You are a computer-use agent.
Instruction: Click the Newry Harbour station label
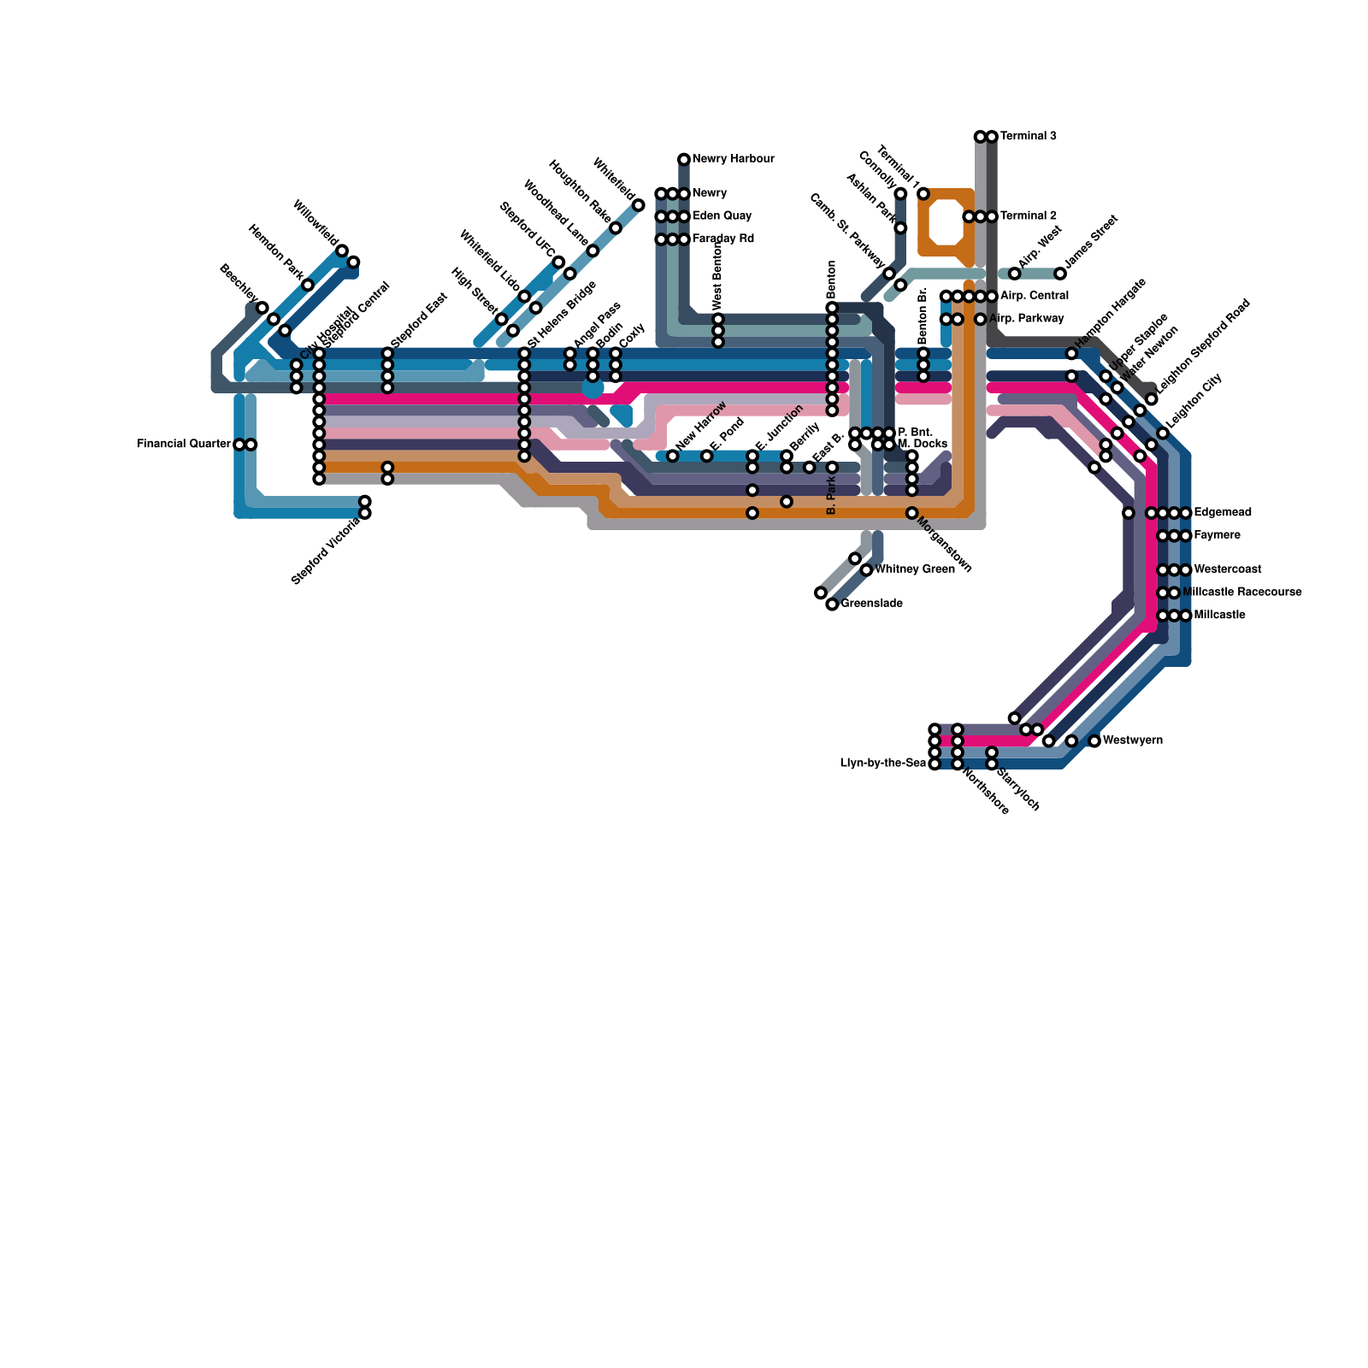(x=733, y=159)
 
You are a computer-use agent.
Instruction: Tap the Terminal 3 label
(x=1028, y=136)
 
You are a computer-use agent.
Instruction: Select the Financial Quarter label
(x=183, y=445)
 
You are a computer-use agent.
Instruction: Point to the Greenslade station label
(x=871, y=604)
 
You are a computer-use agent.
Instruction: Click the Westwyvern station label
(x=1132, y=740)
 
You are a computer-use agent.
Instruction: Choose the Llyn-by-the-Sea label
(x=882, y=764)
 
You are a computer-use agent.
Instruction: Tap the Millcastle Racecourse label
(x=1241, y=592)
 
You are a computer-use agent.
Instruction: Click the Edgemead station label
(x=1223, y=513)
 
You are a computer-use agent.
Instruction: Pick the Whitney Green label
(x=914, y=569)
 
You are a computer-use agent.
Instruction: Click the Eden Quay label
(x=722, y=216)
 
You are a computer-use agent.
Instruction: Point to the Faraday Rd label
(x=722, y=239)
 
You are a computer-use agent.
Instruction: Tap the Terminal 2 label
(x=1028, y=216)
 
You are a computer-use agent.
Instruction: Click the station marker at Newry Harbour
(x=684, y=159)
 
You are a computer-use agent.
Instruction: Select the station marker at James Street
(x=1060, y=274)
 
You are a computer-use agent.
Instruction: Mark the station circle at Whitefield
(x=639, y=205)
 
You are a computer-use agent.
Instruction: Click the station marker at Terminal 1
(x=923, y=194)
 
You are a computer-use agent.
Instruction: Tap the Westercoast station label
(x=1227, y=569)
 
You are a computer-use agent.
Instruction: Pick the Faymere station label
(x=1217, y=535)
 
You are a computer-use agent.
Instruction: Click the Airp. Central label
(x=1034, y=296)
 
